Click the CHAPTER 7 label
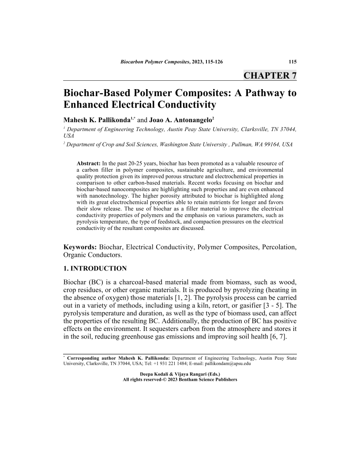click(x=270, y=75)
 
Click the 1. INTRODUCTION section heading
click(x=95, y=268)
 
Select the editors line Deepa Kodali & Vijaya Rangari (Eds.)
click(x=180, y=374)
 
